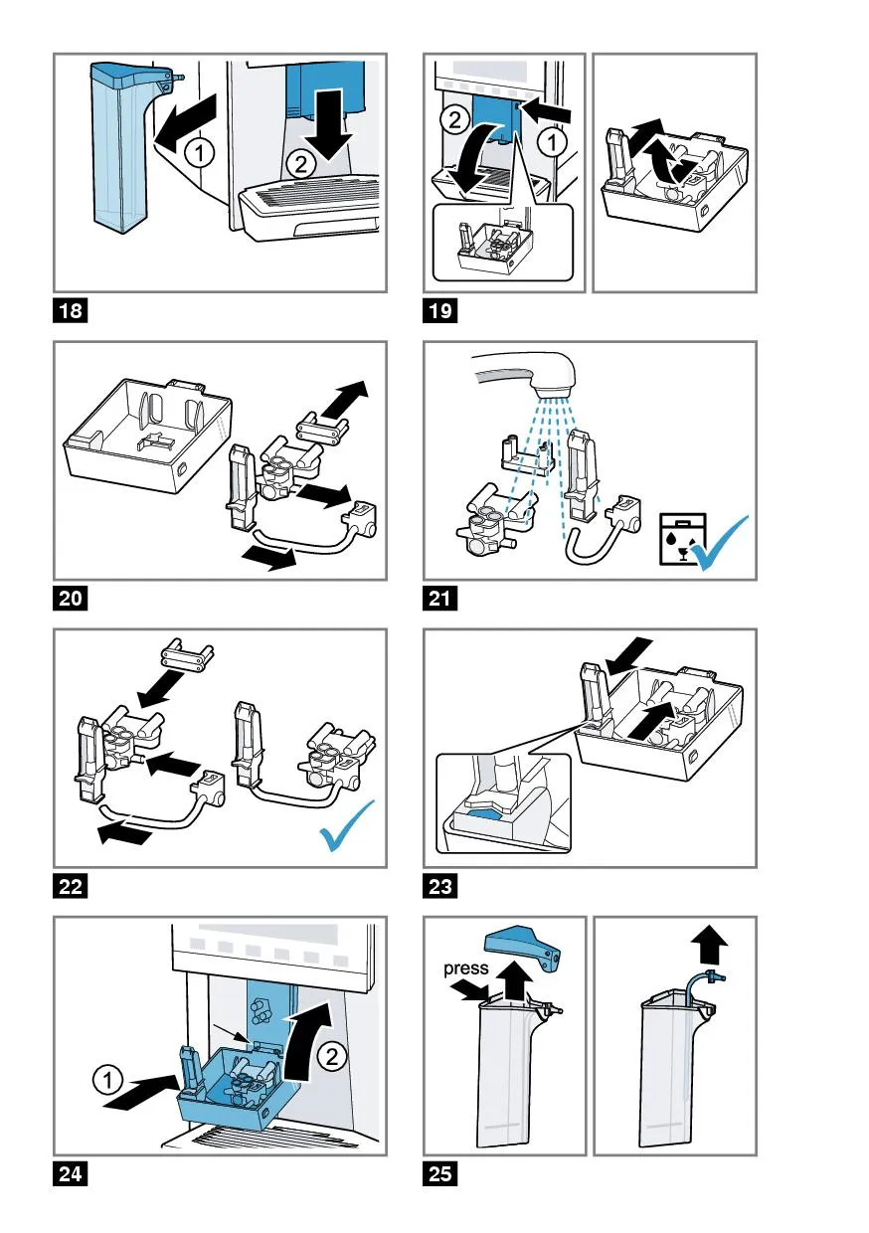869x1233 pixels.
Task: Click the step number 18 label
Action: coord(71,311)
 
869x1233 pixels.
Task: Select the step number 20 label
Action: coord(71,599)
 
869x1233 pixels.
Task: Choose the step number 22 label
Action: coord(71,887)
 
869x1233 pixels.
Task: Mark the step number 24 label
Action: coord(71,1174)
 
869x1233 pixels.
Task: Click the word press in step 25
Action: coord(467,969)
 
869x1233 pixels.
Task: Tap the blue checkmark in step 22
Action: coord(349,827)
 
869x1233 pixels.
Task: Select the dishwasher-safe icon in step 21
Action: coord(682,543)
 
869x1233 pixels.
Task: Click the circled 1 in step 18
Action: coord(201,152)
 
